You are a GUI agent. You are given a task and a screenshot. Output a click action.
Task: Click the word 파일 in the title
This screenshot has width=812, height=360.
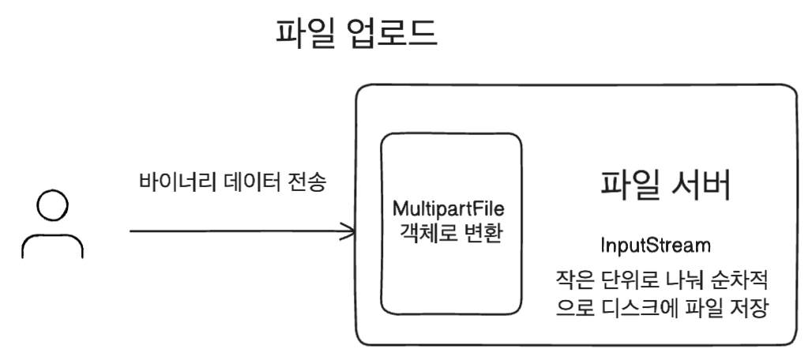pos(303,33)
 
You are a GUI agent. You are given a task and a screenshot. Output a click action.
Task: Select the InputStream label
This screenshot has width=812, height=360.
pos(656,246)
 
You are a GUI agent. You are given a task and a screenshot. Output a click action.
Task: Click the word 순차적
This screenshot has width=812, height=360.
pos(740,280)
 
